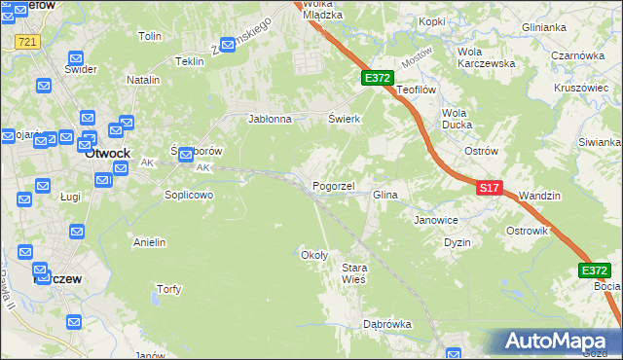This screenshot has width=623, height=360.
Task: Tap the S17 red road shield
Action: [490, 187]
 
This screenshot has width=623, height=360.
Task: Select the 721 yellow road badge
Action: [27, 42]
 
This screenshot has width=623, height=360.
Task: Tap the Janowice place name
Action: [436, 220]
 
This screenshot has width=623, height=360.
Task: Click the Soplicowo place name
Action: [188, 195]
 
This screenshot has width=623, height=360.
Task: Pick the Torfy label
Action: [168, 289]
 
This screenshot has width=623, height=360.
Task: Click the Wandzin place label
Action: [540, 196]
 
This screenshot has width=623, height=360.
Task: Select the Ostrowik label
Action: [528, 232]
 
